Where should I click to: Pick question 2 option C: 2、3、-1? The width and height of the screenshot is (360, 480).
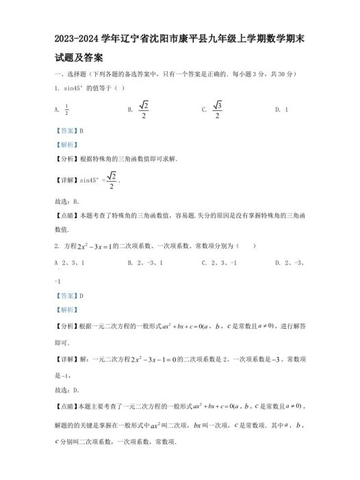[219, 262]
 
